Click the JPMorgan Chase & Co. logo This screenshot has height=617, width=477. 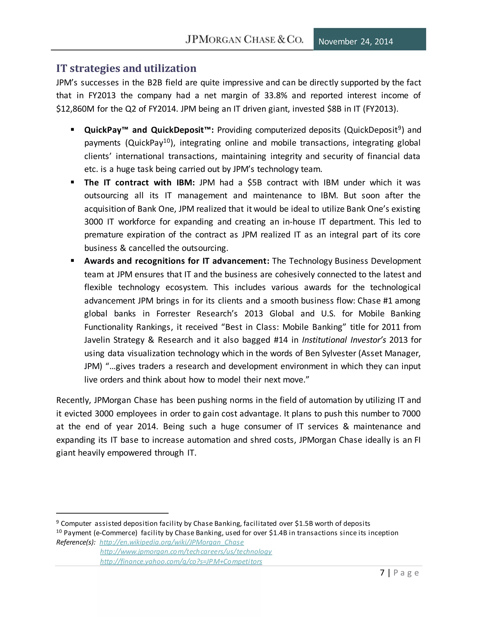click(244, 39)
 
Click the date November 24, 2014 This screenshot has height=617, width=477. click(355, 41)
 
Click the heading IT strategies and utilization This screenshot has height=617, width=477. click(126, 68)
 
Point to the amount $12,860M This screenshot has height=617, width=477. click(75, 109)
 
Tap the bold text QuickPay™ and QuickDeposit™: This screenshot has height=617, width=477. click(149, 130)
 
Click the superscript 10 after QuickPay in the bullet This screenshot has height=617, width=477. click(167, 140)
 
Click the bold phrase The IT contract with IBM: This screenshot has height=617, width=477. click(139, 183)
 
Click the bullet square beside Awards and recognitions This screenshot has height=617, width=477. click(73, 261)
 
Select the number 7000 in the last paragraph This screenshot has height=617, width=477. click(411, 414)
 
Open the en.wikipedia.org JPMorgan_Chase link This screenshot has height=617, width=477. click(171, 542)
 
